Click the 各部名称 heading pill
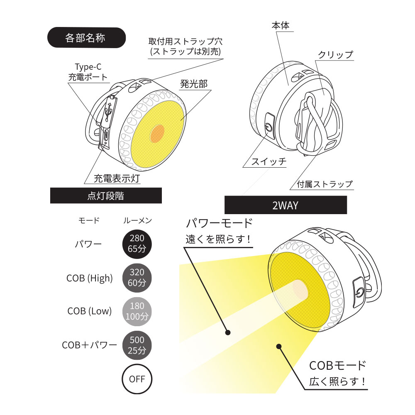[x=86, y=38]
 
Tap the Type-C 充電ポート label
[x=88, y=72]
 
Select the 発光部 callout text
[x=194, y=84]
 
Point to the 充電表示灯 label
[x=117, y=178]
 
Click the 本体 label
[x=281, y=25]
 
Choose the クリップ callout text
[x=335, y=54]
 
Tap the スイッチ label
[x=269, y=161]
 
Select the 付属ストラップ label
[x=325, y=184]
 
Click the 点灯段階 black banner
[x=106, y=195]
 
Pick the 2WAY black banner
[x=286, y=205]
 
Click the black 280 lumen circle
[x=137, y=244]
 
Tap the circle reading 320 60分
[x=137, y=278]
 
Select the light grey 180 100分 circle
[x=137, y=312]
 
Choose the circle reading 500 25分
[x=137, y=345]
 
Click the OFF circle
[x=137, y=379]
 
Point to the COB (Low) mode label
[x=90, y=311]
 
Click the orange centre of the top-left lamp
[x=157, y=133]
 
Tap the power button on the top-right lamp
[x=269, y=127]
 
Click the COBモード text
[x=337, y=366]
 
